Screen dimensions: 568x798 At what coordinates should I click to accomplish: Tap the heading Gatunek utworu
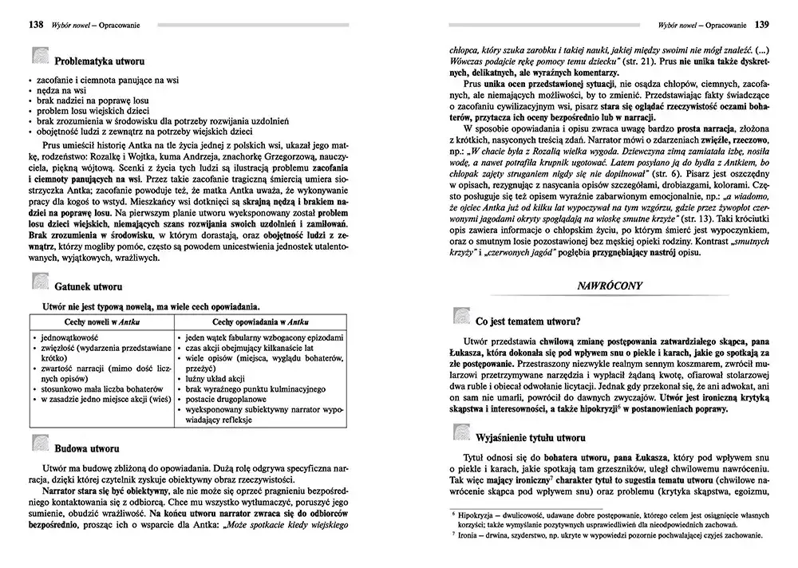[88, 286]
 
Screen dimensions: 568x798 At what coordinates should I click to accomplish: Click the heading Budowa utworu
[87, 448]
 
